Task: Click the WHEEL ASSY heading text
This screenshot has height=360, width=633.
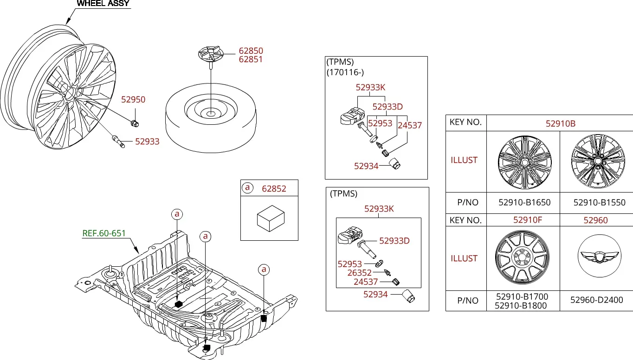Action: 103,3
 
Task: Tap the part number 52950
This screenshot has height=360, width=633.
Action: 133,99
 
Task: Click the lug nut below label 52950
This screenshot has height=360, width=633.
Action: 135,123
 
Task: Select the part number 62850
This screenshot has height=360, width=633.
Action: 251,51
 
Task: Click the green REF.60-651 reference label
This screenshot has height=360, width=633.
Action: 103,233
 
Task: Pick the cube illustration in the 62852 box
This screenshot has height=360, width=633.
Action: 271,219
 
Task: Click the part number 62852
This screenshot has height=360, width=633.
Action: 274,188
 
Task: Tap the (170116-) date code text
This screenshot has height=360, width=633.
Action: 345,72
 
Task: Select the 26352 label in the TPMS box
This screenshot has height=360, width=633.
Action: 360,273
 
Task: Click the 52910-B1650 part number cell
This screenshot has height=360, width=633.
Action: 524,202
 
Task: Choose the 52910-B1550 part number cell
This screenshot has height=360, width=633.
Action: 599,202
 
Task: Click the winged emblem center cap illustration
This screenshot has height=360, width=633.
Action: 600,256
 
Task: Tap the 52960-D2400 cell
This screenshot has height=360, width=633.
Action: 596,300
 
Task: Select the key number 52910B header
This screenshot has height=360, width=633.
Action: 561,123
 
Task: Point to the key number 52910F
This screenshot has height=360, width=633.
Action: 528,220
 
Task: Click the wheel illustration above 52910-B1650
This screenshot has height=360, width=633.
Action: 524,162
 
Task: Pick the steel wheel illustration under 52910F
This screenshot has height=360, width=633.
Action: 522,257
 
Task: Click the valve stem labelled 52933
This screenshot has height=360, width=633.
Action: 118,141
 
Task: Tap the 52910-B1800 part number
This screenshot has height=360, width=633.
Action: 521,305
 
